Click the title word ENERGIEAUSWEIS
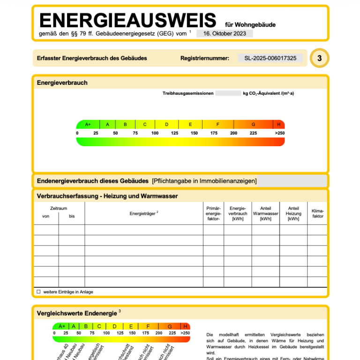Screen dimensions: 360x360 (127, 21)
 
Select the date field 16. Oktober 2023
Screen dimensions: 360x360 (225, 33)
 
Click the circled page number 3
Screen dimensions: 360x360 (320, 59)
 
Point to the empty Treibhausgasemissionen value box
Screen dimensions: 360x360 (228, 93)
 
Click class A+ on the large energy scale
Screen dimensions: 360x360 (88, 125)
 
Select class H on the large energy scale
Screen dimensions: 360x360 (279, 125)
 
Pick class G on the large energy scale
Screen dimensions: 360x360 (253, 125)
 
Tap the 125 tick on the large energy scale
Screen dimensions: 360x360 (174, 133)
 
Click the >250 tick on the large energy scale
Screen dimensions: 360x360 (279, 133)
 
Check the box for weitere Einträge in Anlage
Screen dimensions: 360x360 (39, 292)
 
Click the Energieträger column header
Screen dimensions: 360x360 (144, 213)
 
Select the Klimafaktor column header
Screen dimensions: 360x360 (318, 213)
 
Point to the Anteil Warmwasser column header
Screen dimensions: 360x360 (265, 213)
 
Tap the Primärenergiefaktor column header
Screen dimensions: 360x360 (213, 213)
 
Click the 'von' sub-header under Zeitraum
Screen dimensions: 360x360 (45, 217)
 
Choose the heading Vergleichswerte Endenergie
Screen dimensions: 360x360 (77, 312)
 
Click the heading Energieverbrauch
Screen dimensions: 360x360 (62, 83)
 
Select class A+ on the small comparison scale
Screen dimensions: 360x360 (61, 326)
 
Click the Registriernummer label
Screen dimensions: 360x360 (205, 59)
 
